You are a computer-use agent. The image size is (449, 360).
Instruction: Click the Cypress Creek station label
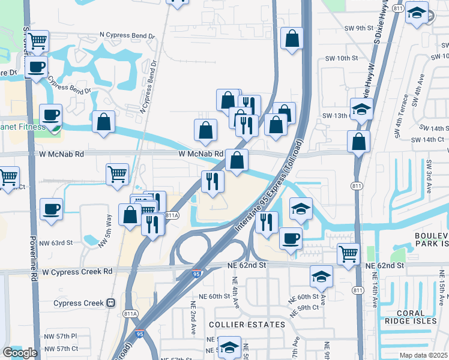click(x=79, y=303)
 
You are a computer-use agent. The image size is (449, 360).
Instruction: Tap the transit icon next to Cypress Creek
click(x=111, y=303)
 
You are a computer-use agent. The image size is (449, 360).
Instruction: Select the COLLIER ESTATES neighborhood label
click(x=247, y=325)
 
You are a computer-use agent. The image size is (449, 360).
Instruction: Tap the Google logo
click(x=20, y=353)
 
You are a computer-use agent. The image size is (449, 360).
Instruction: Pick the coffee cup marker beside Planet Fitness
click(x=51, y=115)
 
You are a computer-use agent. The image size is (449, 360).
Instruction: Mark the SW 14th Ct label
click(x=428, y=139)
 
